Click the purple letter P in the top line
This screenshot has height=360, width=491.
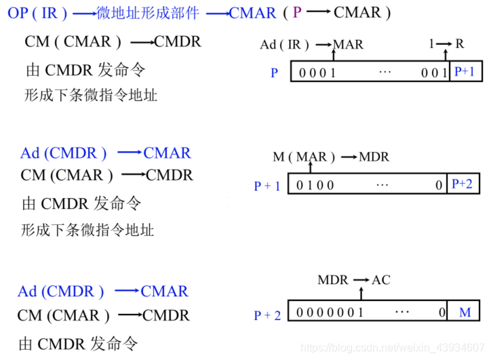[298, 13]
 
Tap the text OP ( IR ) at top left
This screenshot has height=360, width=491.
[38, 13]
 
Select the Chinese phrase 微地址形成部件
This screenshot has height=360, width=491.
[149, 13]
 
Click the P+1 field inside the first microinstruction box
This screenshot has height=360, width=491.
[465, 71]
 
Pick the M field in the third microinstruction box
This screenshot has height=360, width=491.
[465, 313]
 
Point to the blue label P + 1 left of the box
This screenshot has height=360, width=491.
[267, 185]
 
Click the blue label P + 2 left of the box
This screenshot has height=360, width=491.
[267, 315]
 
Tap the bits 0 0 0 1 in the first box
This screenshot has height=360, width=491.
[317, 73]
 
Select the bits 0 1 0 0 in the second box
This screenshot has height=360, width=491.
[315, 184]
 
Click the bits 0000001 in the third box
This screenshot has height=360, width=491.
[330, 313]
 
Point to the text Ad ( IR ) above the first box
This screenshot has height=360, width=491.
[284, 45]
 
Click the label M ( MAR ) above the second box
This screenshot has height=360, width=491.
[304, 157]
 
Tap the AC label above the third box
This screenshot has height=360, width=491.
[381, 280]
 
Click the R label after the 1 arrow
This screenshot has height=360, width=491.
[460, 44]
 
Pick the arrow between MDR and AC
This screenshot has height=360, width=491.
[361, 280]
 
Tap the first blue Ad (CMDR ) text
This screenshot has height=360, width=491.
[63, 153]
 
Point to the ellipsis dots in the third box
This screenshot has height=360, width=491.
[401, 313]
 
